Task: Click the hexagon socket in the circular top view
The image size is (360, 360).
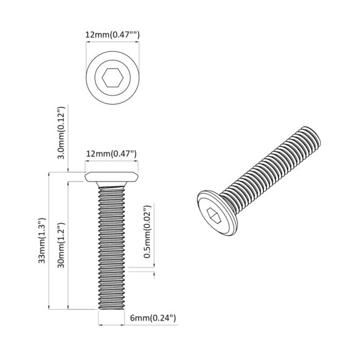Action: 113,77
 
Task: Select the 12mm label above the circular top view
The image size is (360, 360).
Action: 112,36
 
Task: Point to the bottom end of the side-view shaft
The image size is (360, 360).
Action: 112,308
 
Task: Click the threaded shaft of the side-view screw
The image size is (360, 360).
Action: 112,242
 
